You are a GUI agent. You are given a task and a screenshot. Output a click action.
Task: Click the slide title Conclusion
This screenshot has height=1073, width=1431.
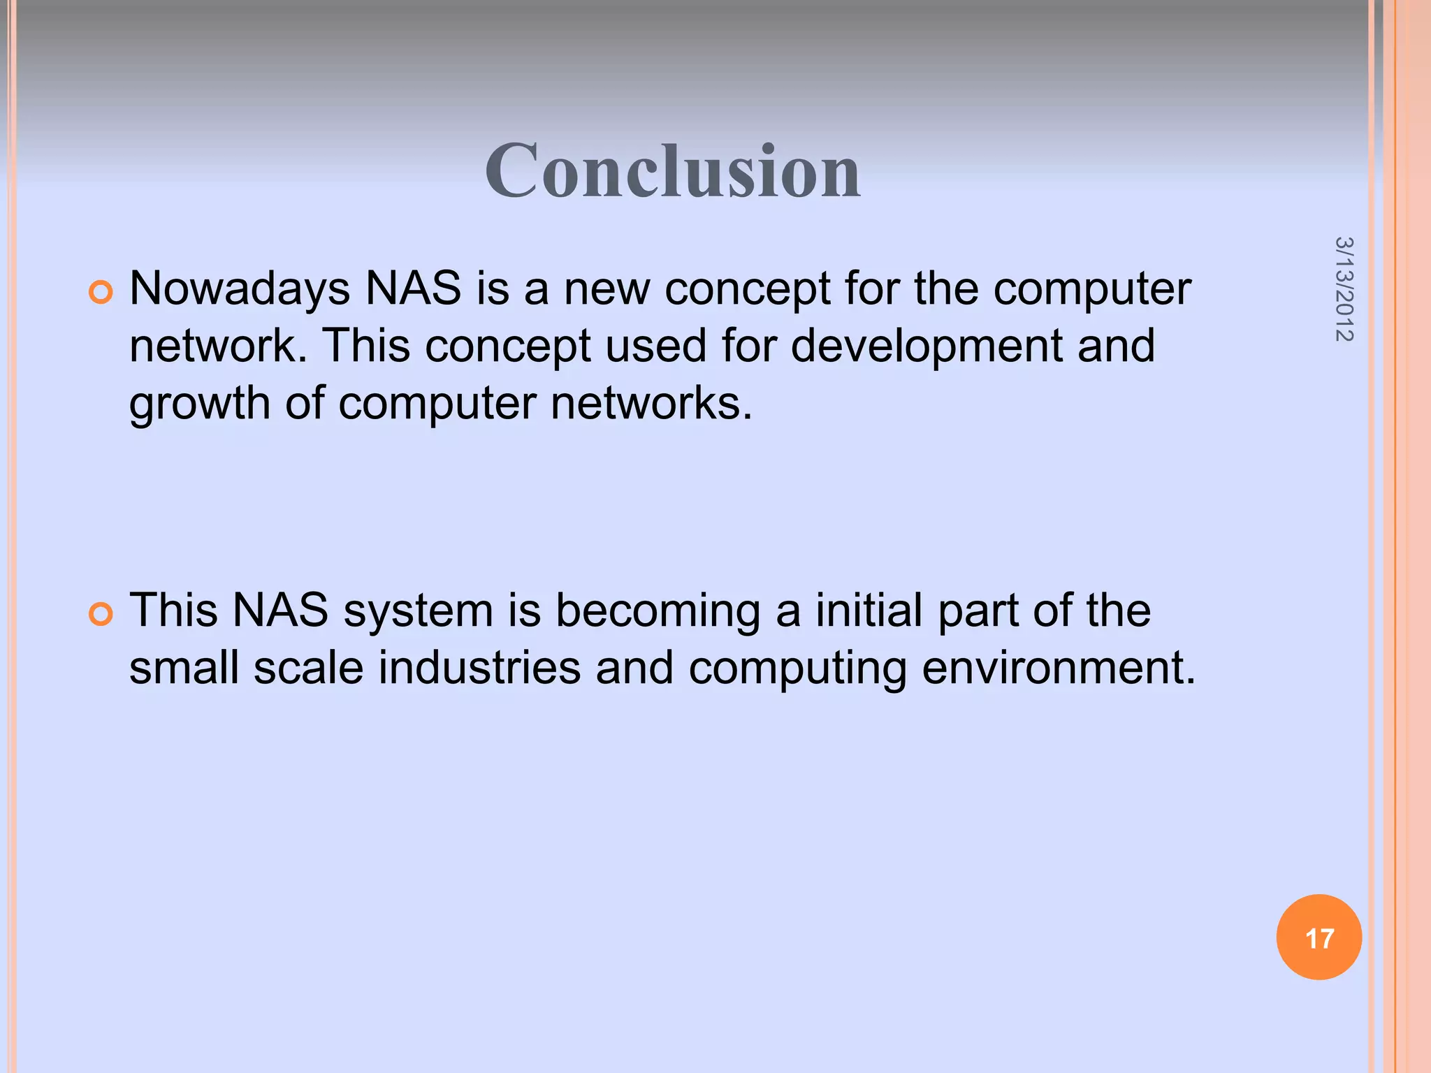pyautogui.click(x=672, y=172)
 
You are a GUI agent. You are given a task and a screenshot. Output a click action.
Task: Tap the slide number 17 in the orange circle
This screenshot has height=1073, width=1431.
pyautogui.click(x=1319, y=938)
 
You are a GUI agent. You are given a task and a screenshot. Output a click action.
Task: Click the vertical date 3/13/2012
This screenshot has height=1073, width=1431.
pyautogui.click(x=1344, y=289)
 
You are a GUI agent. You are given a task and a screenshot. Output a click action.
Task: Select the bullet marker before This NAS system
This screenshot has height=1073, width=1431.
pyautogui.click(x=101, y=614)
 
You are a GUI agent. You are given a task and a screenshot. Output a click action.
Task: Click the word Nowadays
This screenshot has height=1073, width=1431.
pyautogui.click(x=240, y=289)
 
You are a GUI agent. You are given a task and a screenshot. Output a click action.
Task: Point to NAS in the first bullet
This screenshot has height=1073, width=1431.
pyautogui.click(x=413, y=289)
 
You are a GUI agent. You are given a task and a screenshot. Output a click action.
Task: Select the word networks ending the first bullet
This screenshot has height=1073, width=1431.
pyautogui.click(x=651, y=404)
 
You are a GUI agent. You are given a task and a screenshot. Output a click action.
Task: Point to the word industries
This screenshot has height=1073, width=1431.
pyautogui.click(x=479, y=669)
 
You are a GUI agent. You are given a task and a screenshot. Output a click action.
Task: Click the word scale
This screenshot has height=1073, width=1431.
pyautogui.click(x=308, y=669)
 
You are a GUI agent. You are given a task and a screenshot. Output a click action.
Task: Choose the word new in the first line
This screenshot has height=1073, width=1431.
pyautogui.click(x=606, y=289)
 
